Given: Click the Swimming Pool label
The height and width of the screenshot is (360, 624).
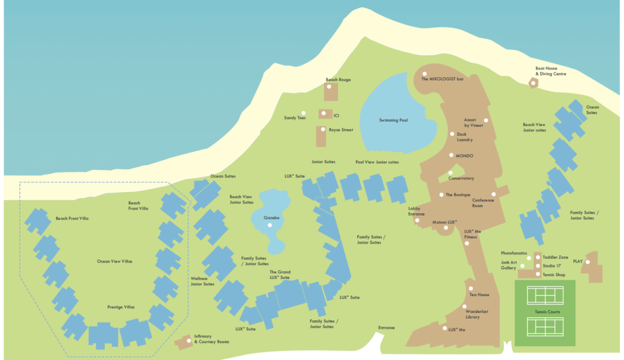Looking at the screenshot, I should point(393,121).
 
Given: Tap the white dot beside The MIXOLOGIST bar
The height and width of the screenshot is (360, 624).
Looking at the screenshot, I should point(425,74).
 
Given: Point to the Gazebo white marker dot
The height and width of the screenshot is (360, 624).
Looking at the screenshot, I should point(269,225).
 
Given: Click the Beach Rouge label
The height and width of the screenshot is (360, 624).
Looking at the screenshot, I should point(338,80).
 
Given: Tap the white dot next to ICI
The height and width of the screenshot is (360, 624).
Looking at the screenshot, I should point(322,113).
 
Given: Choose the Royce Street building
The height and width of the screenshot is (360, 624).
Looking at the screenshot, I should point(321,136).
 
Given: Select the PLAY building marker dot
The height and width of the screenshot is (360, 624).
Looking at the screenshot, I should point(588,263).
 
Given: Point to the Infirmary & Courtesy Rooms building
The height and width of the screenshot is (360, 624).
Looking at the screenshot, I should point(184,342).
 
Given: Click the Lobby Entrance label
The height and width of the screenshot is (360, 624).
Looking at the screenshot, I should point(416,211).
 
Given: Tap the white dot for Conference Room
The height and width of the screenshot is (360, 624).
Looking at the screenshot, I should point(494,194).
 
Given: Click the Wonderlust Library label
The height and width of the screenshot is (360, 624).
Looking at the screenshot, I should point(477,314).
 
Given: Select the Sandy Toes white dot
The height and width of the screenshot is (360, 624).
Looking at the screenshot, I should point(310,118).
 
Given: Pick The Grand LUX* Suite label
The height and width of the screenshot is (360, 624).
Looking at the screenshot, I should point(280,274).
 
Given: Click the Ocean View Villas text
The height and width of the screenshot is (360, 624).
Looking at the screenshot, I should point(115,261).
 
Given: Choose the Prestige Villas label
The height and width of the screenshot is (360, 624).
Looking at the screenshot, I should point(121,307).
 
